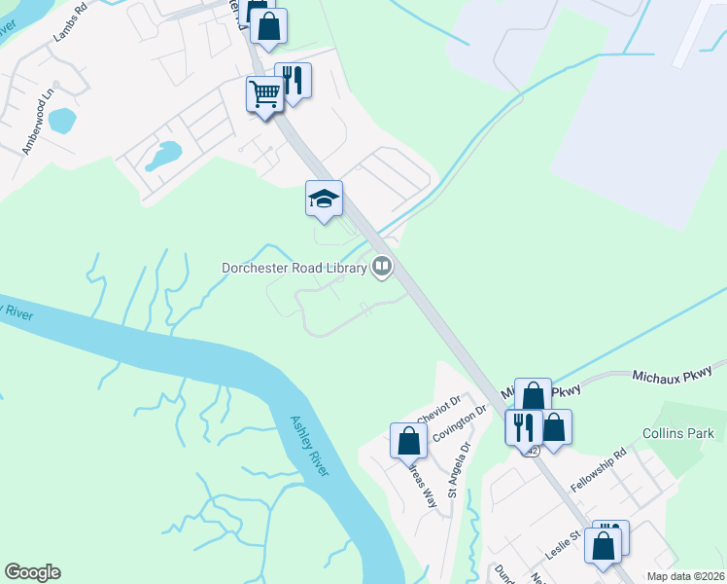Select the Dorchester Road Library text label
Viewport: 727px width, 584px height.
pos(294,267)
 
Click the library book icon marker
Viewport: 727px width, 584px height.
pos(383,266)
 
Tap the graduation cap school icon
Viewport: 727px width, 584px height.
pos(325,199)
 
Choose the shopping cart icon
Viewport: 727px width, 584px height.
pos(264,94)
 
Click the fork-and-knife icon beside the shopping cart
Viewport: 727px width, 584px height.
pos(293,80)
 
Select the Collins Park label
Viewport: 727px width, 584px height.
pos(677,433)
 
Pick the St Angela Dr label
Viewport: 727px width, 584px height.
pos(459,471)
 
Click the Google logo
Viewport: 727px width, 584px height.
pos(32,572)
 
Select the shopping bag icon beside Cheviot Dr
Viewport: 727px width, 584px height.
pos(408,440)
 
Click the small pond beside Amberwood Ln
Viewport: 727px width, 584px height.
pos(61,120)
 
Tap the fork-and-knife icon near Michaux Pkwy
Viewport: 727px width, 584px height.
pos(522,426)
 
